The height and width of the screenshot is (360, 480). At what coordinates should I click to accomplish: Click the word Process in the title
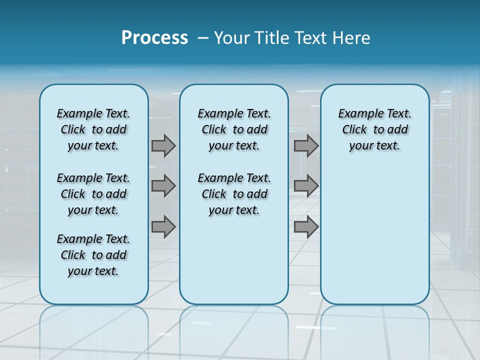pyautogui.click(x=154, y=37)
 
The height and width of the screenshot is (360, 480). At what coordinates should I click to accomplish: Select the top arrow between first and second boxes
pyautogui.click(x=163, y=145)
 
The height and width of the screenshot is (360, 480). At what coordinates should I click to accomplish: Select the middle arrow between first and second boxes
pyautogui.click(x=163, y=186)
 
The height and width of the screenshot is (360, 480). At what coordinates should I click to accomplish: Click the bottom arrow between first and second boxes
pyautogui.click(x=163, y=226)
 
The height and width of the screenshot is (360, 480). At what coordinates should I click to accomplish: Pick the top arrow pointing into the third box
pyautogui.click(x=306, y=145)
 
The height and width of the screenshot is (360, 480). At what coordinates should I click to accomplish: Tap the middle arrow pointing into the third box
pyautogui.click(x=306, y=186)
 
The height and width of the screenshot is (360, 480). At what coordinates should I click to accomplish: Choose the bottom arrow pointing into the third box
pyautogui.click(x=306, y=226)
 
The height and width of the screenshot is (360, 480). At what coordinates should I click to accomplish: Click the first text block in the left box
pyautogui.click(x=93, y=129)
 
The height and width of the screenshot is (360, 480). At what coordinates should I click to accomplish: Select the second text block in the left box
pyautogui.click(x=93, y=194)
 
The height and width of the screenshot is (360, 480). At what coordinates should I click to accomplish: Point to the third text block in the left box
pyautogui.click(x=93, y=255)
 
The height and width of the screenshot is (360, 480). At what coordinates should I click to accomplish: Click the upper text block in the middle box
pyautogui.click(x=234, y=129)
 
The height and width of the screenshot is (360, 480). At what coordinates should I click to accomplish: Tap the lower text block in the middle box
pyautogui.click(x=234, y=194)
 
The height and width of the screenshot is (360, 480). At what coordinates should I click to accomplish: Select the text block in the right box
pyautogui.click(x=374, y=129)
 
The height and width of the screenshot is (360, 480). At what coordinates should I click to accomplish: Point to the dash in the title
pyautogui.click(x=202, y=38)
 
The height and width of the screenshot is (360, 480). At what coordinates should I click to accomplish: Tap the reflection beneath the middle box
pyautogui.click(x=234, y=330)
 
